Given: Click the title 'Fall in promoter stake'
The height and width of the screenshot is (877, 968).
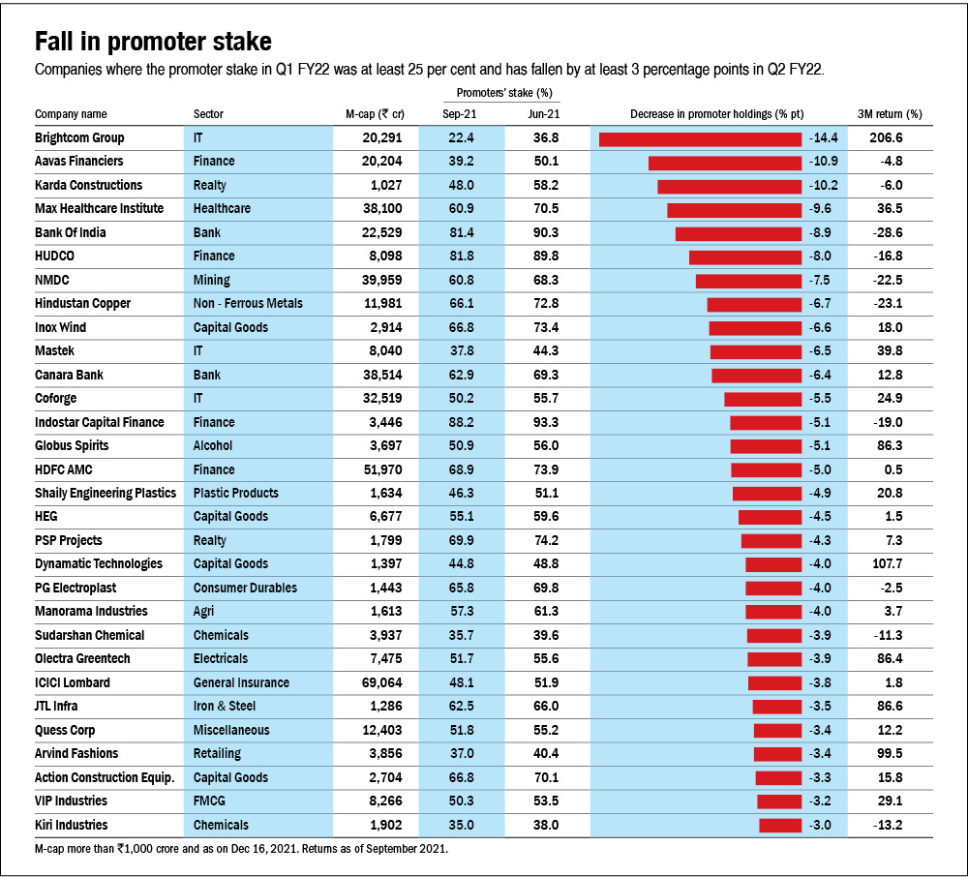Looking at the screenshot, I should [153, 42].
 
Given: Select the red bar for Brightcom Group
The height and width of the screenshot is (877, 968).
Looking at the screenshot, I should [701, 138].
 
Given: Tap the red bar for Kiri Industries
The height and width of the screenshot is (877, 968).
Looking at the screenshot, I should [780, 826].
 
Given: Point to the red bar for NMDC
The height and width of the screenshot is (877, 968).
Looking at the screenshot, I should [748, 281].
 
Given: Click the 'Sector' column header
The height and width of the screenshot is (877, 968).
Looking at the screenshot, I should [209, 114].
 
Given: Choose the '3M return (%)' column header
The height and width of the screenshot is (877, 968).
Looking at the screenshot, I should [890, 114].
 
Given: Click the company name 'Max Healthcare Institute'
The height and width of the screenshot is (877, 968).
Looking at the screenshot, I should [99, 209].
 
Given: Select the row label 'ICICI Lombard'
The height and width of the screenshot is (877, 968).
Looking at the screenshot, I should [73, 683].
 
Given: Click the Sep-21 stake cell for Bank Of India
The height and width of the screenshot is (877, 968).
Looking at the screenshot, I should [462, 233].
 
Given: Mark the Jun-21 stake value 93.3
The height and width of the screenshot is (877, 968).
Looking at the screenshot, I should [546, 423].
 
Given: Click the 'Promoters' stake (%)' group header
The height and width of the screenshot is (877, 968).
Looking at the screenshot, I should [503, 94].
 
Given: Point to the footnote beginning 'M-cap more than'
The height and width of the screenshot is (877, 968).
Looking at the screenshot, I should [241, 849].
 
